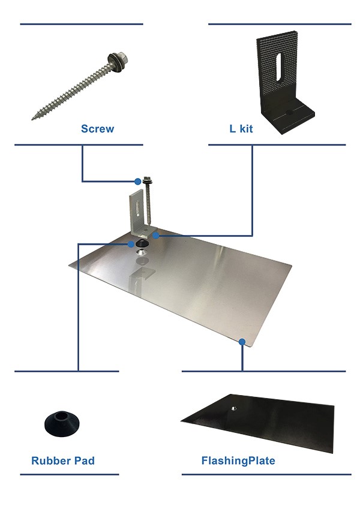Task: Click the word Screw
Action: (97, 128)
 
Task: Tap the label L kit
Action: (241, 128)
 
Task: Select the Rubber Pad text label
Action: (63, 460)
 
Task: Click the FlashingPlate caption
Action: (238, 460)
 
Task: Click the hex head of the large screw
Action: (123, 58)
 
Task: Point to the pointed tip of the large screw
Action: (32, 119)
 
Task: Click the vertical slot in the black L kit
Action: (279, 67)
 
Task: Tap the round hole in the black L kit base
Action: (289, 112)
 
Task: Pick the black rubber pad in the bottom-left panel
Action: (62, 423)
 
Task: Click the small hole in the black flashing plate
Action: (233, 408)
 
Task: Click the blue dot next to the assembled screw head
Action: (138, 181)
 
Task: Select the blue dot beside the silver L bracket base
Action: (156, 236)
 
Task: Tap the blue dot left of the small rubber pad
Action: (131, 244)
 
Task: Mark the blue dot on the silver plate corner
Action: (242, 342)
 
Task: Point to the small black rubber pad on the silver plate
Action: (142, 243)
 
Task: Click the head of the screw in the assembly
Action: (148, 179)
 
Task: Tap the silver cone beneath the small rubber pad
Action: (142, 252)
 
